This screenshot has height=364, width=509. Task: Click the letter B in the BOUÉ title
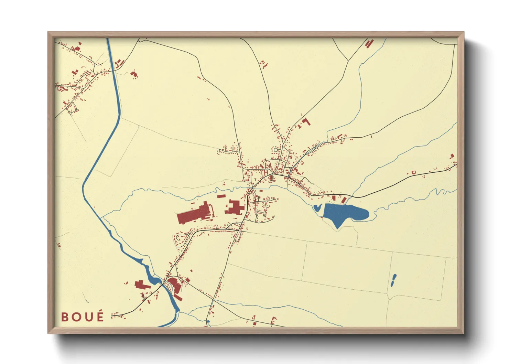65,317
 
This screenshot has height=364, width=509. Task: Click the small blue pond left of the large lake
317,207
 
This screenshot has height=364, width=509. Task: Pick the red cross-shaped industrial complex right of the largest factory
235,208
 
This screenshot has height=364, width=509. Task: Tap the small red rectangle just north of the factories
221,196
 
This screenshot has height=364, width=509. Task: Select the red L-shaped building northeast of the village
305,121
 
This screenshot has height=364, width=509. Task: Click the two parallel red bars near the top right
369,44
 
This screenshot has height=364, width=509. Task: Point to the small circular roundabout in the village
275,150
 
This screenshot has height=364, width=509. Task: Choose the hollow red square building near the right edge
414,172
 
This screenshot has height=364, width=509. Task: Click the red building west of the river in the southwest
141,285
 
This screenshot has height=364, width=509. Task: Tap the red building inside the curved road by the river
175,285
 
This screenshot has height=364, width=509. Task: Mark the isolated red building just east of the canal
134,74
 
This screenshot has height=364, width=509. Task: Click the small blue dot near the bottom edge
208,322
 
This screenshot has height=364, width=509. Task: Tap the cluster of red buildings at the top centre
264,64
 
